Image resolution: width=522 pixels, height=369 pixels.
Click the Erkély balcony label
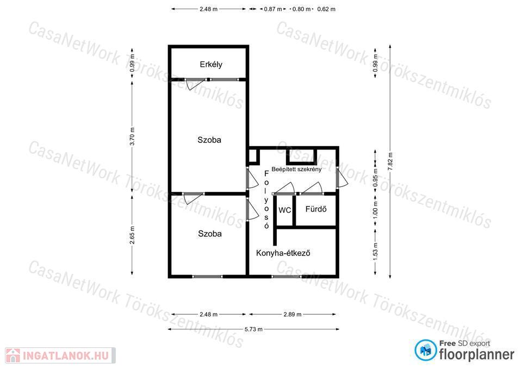(x=211, y=64)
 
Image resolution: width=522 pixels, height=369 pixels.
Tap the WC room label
(x=284, y=210)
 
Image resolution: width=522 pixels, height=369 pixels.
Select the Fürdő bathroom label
(x=316, y=209)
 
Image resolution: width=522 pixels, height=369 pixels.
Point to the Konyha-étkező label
(x=283, y=253)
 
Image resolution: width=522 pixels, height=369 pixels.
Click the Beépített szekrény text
(x=297, y=169)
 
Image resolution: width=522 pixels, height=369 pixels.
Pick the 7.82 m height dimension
(x=390, y=161)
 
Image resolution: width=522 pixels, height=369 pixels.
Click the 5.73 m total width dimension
(x=253, y=329)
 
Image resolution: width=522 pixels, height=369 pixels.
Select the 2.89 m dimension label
(x=293, y=314)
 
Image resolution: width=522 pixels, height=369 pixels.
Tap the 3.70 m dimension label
(x=132, y=136)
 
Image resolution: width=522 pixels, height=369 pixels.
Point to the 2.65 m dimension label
(x=132, y=235)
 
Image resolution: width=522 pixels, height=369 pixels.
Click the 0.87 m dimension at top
(x=273, y=9)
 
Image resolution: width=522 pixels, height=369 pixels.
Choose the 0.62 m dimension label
(x=326, y=9)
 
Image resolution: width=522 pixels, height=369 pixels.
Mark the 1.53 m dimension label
(x=375, y=252)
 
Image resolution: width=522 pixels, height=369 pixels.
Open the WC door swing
(x=284, y=188)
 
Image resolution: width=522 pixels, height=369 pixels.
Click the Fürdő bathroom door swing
(x=312, y=188)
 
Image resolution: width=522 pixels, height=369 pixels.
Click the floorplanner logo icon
(x=425, y=350)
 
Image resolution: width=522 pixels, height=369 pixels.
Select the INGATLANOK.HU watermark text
(x=66, y=356)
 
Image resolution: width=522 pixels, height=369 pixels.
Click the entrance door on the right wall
(x=341, y=178)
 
